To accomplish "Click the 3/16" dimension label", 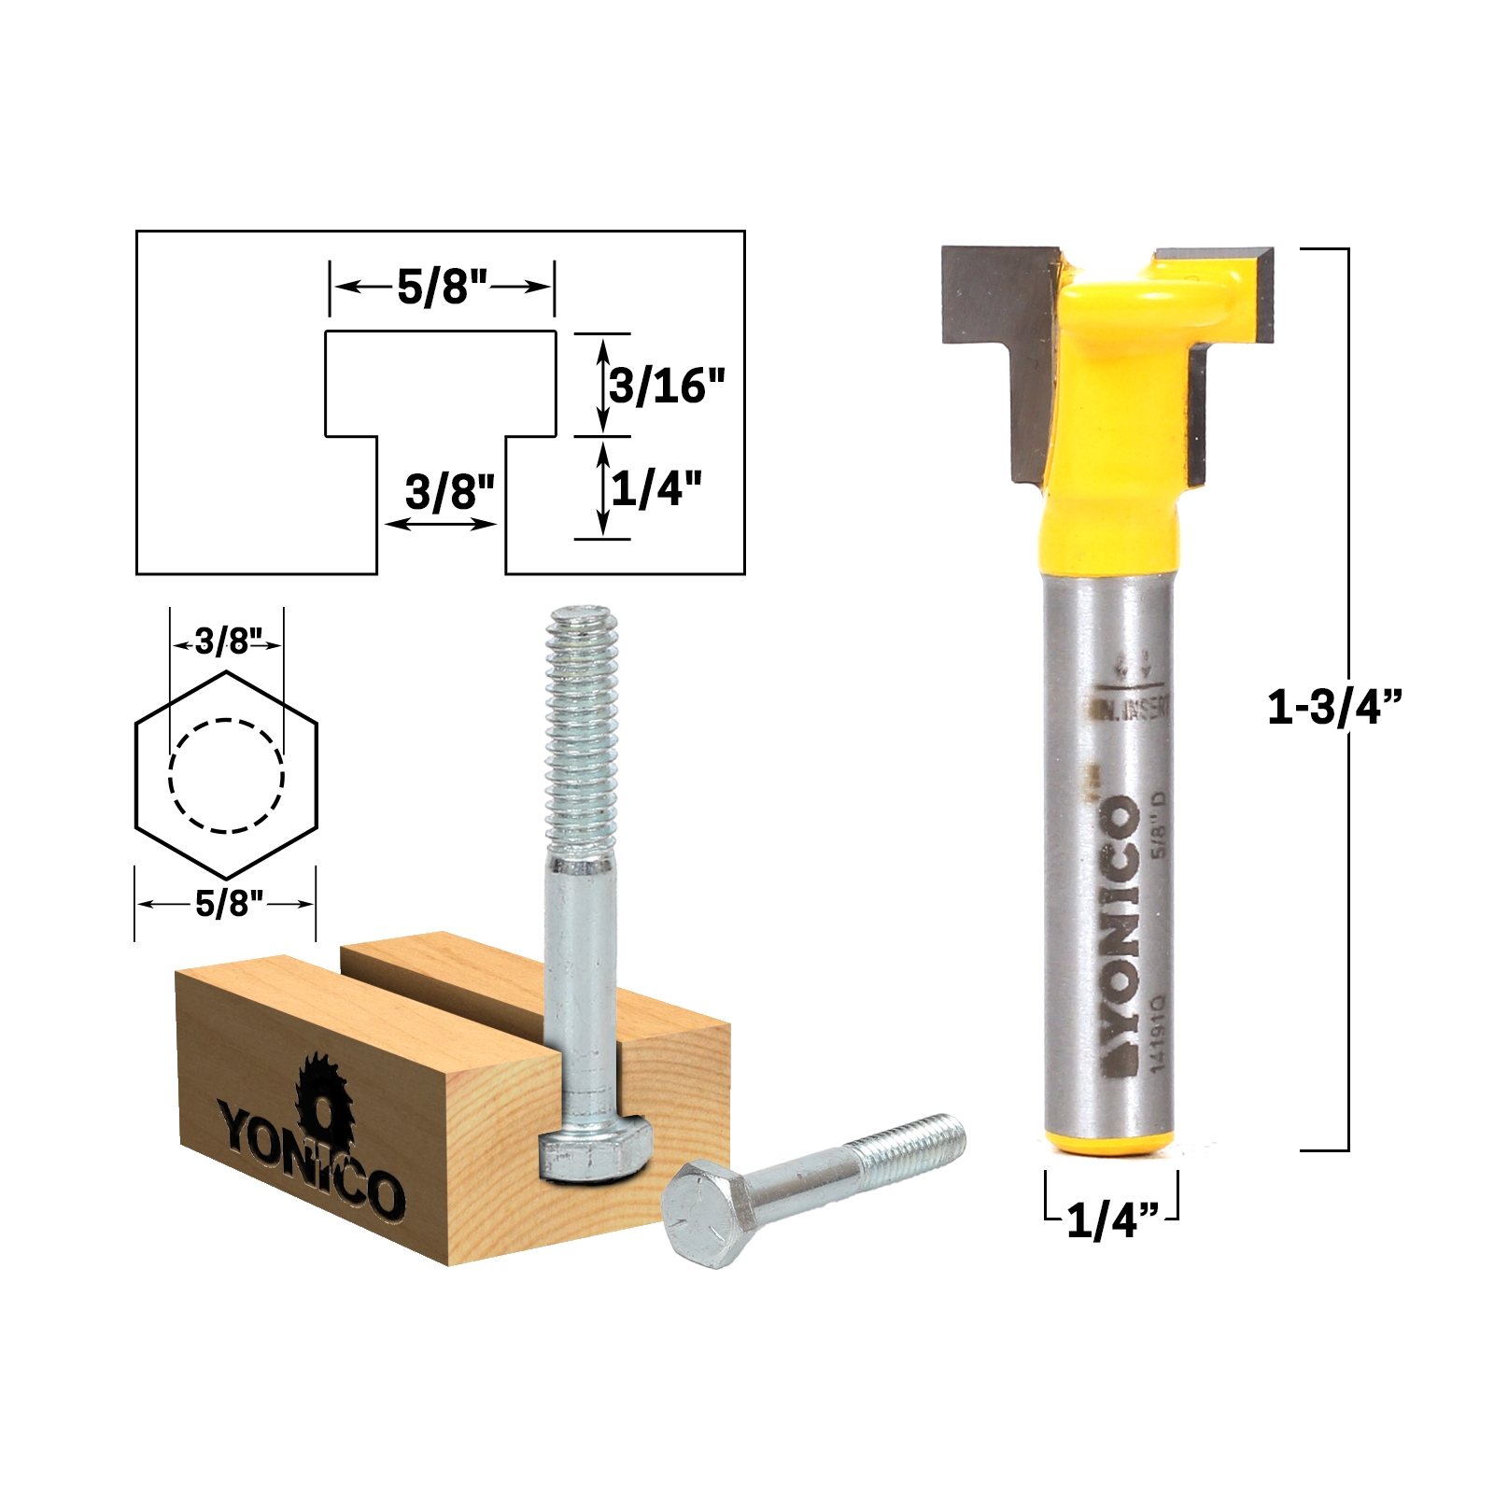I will point(667,385).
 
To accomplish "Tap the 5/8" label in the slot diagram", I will point(443,287).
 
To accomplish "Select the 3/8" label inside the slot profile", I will point(449,491).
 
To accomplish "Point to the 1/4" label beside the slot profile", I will point(655,487).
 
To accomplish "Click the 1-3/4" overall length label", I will point(1334,707).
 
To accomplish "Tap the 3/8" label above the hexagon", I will point(226,641).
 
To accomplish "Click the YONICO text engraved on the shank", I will point(1122,934).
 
